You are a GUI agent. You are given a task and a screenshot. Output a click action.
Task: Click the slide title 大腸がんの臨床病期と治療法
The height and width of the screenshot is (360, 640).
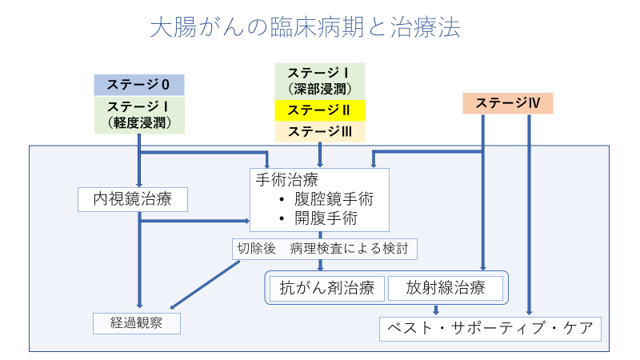tap(305, 28)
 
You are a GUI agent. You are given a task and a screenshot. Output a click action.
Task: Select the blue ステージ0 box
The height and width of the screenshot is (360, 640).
tap(139, 84)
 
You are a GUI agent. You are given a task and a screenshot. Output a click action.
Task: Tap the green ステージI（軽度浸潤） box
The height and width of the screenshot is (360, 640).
tap(139, 114)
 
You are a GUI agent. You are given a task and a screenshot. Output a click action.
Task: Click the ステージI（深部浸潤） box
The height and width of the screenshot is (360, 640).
tap(320, 80)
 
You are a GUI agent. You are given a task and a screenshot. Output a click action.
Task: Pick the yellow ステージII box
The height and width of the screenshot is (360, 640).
tap(320, 110)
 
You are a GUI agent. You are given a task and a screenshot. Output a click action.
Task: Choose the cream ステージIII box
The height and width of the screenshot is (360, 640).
tap(320, 131)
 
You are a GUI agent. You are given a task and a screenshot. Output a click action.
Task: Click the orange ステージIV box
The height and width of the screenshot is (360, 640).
tap(508, 102)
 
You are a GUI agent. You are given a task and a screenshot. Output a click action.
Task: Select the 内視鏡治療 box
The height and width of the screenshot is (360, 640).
tap(133, 199)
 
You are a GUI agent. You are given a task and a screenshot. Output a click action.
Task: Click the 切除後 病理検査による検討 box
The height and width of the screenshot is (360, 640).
tap(325, 249)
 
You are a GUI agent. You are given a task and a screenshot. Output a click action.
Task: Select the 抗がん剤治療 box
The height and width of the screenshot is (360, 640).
tap(326, 288)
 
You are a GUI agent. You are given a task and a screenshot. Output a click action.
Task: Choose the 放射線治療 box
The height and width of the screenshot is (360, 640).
tap(446, 288)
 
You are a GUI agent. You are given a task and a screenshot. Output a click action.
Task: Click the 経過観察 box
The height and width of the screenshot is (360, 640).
tap(134, 323)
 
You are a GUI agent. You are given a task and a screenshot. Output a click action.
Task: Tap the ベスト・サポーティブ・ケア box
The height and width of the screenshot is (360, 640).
tap(490, 328)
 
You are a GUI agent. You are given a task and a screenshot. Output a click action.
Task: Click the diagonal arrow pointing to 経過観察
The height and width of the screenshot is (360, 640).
tap(206, 284)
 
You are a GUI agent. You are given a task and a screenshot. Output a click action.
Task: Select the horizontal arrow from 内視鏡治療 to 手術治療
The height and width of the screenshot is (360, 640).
tap(196, 221)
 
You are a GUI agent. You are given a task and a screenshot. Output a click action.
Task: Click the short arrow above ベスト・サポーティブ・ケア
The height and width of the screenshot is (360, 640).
tap(436, 310)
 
